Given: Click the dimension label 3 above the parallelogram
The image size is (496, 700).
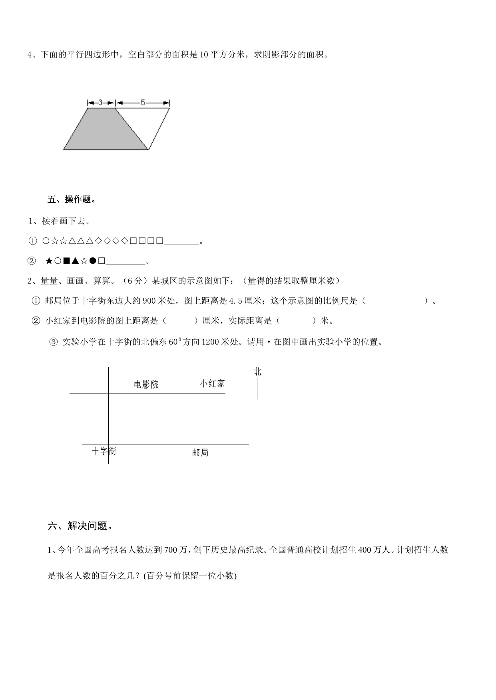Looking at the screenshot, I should click(101, 103).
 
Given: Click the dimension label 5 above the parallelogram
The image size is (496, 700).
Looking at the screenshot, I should click(143, 103).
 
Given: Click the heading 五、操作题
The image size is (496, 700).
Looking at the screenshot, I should click(72, 200).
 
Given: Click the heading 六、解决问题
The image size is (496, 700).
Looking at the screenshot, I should click(80, 526).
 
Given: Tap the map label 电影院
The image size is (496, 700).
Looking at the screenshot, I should click(146, 384).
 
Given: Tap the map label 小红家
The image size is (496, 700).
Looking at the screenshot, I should click(212, 384).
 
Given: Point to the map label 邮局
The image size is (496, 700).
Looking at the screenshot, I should click(200, 453).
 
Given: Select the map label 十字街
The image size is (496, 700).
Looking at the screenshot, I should click(104, 451).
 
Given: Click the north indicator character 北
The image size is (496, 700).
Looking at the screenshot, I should click(257, 372).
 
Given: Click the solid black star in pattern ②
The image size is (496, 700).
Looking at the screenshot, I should click(49, 261).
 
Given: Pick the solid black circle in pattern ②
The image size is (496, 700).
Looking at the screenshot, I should click(93, 261).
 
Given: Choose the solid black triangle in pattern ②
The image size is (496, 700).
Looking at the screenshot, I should click(75, 261).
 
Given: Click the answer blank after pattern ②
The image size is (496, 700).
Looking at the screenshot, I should click(126, 261).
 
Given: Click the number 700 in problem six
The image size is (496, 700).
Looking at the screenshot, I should click(170, 550).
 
